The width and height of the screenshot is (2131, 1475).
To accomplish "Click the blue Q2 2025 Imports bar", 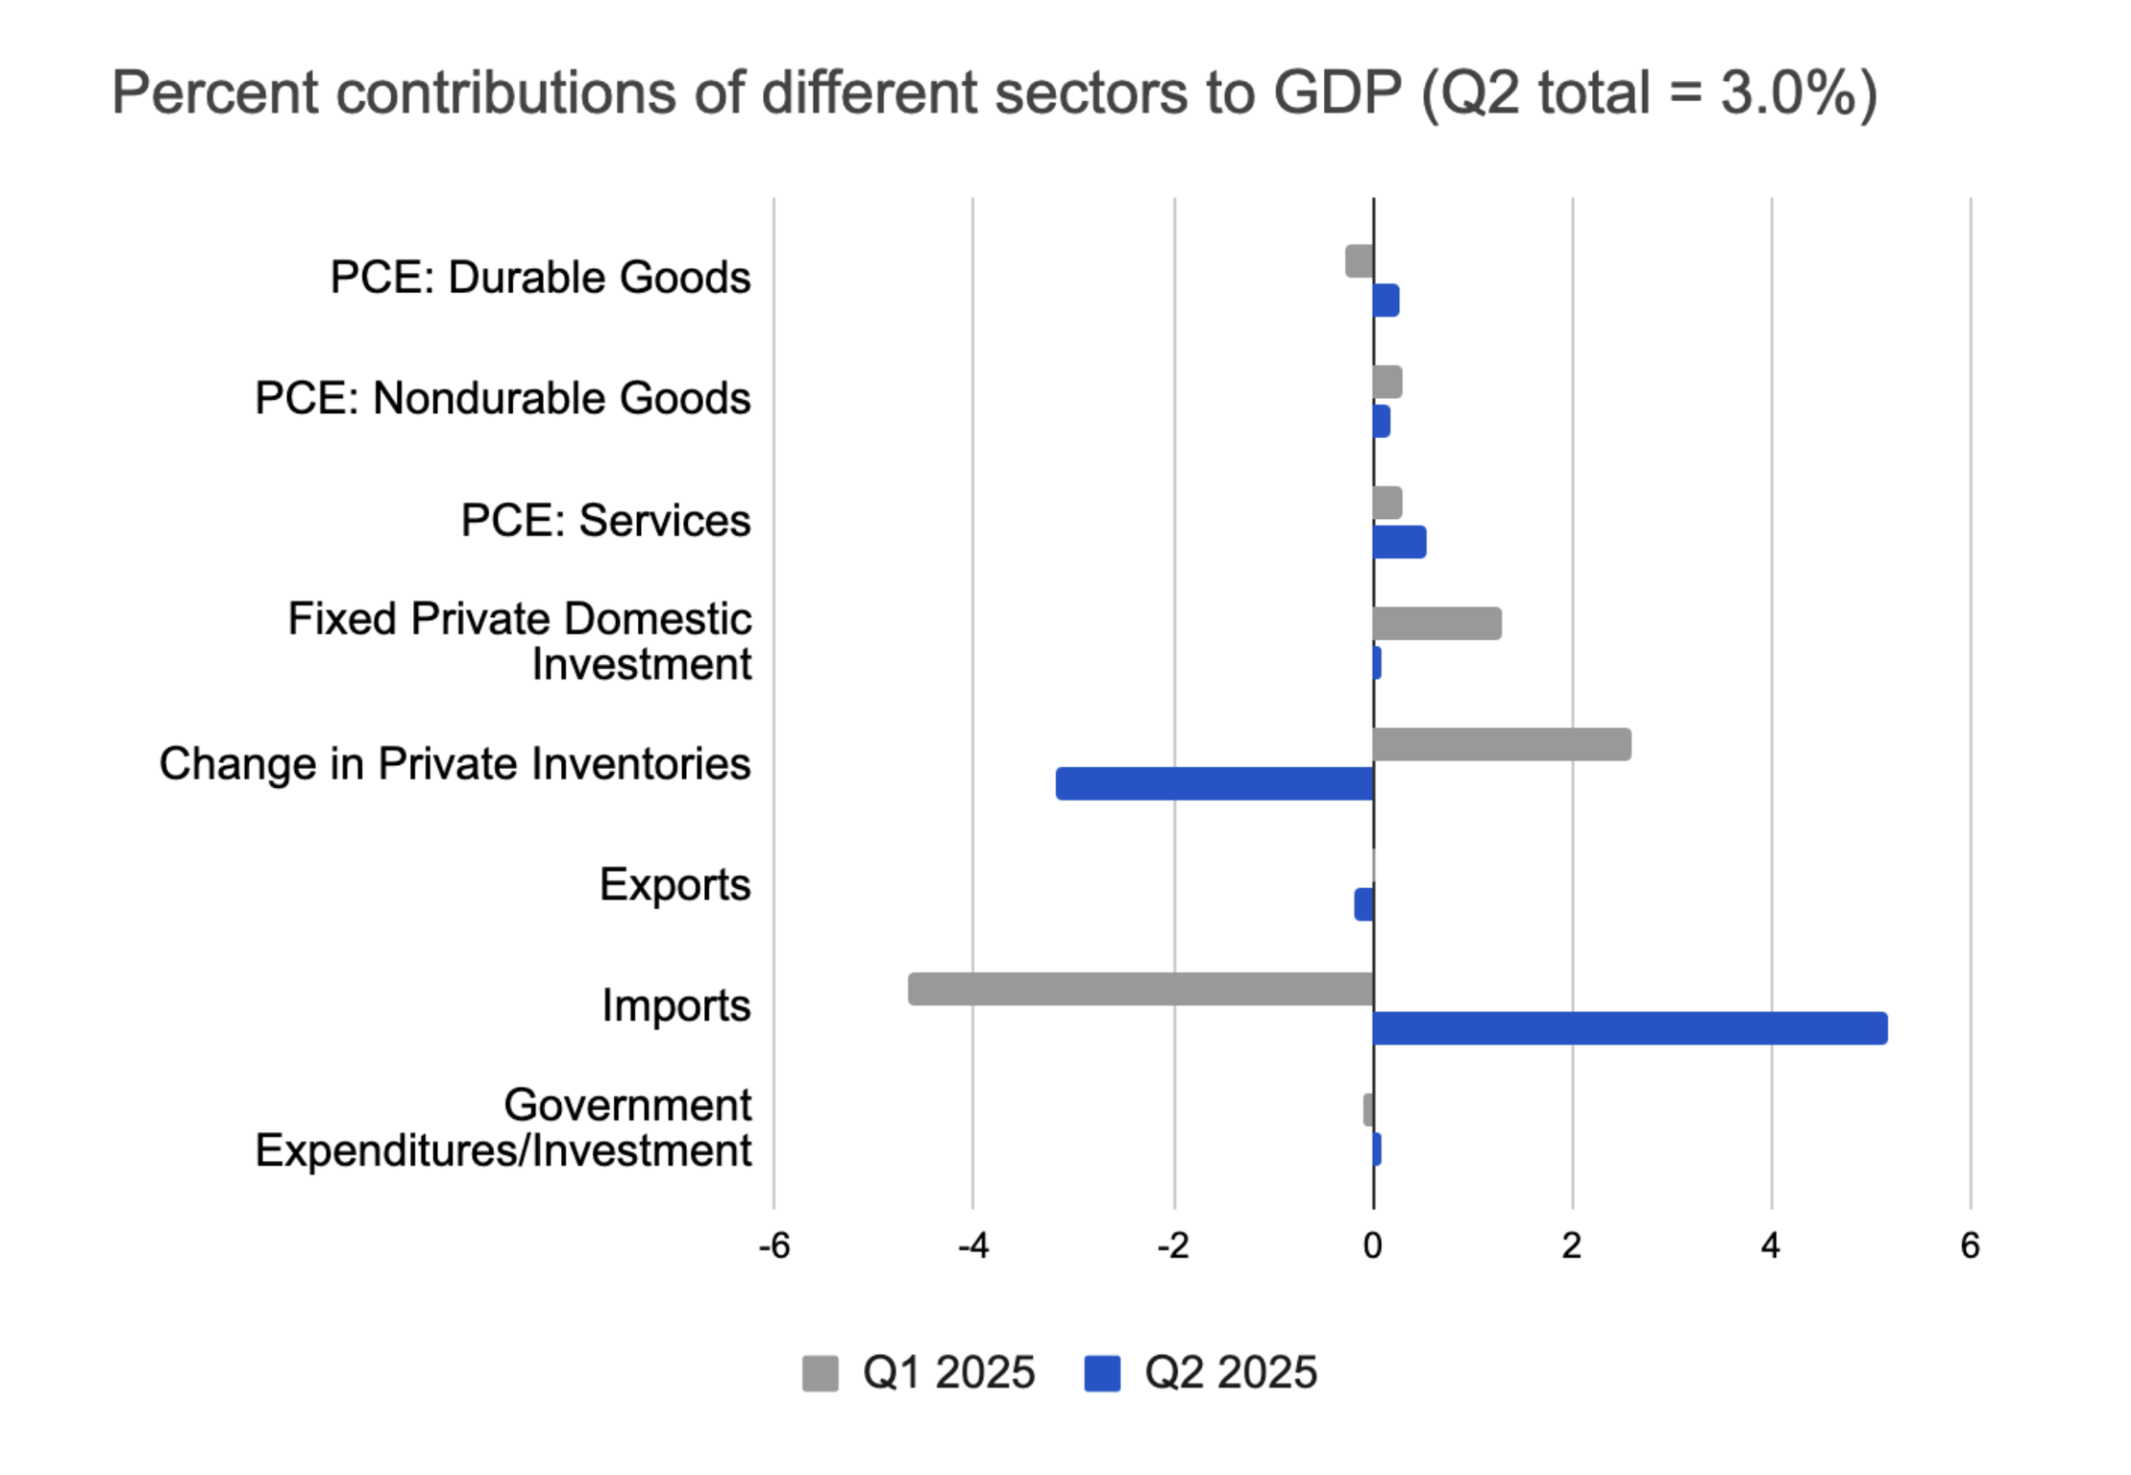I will click(1629, 1028).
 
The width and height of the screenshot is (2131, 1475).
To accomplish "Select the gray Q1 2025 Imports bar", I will click(1141, 988).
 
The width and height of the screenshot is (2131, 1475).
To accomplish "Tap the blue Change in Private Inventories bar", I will click(1214, 783).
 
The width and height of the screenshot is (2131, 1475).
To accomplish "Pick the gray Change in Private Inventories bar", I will click(1501, 744).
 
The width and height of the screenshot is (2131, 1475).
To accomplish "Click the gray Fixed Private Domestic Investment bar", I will click(1437, 623).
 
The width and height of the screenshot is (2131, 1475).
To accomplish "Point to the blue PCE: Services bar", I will click(1399, 542).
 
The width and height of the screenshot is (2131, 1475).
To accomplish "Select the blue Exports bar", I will click(1364, 904).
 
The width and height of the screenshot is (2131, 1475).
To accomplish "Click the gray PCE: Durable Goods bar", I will click(1359, 260).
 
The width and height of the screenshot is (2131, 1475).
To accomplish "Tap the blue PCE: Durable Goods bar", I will click(1386, 301).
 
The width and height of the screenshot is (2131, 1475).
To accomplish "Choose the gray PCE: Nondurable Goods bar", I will click(1387, 382).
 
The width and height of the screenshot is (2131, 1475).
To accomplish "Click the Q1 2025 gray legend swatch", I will click(819, 1374).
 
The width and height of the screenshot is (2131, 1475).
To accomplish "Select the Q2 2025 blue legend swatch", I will click(1102, 1374).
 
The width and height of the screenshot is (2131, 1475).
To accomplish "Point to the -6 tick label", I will click(774, 1246).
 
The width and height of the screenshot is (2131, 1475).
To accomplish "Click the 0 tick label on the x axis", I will click(1373, 1246).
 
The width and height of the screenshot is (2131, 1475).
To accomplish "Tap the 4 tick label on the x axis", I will click(1770, 1246).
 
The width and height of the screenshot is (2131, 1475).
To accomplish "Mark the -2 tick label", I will click(1172, 1246).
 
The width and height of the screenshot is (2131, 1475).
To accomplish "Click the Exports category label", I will click(674, 884).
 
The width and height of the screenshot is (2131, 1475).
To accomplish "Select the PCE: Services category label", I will click(606, 521).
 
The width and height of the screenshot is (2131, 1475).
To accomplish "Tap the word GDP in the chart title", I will click(1336, 93).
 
